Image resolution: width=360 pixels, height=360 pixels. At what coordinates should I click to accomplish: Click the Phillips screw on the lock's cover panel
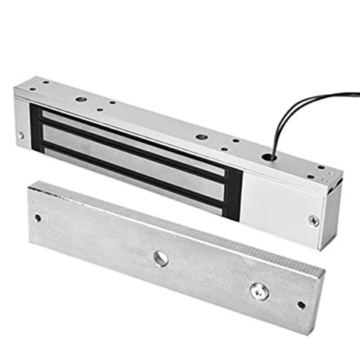coord(312,220)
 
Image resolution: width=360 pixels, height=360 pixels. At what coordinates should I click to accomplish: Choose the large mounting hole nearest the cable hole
coord(201,137)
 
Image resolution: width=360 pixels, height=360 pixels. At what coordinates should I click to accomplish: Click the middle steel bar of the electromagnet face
coord(137,152)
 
